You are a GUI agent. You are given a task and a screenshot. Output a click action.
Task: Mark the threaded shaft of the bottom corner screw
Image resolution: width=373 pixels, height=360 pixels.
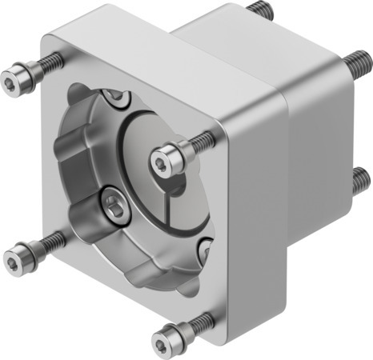(x=203, y=322)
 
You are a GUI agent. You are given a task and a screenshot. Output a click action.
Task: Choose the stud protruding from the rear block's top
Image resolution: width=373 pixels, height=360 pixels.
(x=262, y=10)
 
